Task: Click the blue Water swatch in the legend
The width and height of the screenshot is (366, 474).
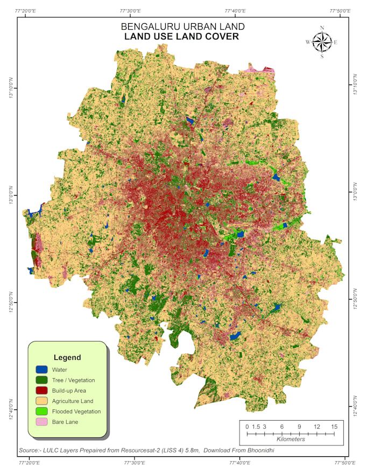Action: click(x=42, y=370)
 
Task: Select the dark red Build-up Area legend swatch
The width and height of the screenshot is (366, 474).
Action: click(x=42, y=391)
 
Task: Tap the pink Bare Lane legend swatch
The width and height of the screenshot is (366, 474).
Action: click(x=42, y=422)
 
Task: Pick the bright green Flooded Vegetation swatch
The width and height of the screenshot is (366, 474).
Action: click(x=42, y=412)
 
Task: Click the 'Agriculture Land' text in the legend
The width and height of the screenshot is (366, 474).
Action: click(x=73, y=401)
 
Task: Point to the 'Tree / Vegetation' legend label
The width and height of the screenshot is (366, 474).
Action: click(x=73, y=380)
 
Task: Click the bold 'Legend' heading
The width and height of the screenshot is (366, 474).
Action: click(x=67, y=357)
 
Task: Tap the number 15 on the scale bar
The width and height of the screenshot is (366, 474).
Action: click(x=334, y=427)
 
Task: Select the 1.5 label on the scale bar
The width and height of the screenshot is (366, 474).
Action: click(x=256, y=427)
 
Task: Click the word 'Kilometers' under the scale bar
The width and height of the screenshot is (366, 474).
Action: click(x=290, y=440)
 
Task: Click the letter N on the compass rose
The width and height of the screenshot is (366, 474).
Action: click(x=322, y=28)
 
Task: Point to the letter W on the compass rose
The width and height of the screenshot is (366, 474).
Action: click(x=308, y=42)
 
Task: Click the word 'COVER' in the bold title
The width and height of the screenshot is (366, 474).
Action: click(x=221, y=37)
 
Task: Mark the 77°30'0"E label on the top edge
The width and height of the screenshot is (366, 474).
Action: click(x=131, y=11)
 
